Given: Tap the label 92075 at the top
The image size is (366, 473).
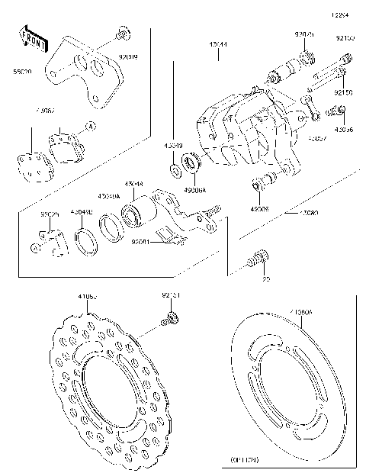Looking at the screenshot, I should [x=303, y=34].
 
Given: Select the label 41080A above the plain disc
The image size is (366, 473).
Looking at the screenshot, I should [x=300, y=313].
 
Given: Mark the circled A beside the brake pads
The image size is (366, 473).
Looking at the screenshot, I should [x=90, y=125].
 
